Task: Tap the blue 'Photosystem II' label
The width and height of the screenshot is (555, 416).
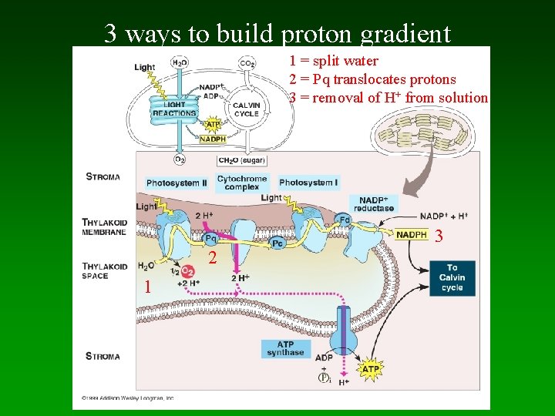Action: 177,183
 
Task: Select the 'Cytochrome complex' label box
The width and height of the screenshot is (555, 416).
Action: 242,183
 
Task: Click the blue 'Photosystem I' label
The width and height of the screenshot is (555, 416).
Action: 308,183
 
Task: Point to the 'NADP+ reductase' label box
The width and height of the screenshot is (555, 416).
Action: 376,203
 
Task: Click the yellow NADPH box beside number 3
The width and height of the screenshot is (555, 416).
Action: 412,235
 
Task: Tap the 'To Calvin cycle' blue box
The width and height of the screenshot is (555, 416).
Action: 452,277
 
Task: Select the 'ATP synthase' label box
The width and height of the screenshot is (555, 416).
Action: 285,348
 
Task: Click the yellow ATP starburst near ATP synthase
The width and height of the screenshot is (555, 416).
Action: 371,369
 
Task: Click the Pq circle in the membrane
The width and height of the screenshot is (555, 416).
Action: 210,239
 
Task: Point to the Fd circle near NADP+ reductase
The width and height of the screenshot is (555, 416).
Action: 345,220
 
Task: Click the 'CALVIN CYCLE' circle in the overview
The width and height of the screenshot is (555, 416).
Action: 246,109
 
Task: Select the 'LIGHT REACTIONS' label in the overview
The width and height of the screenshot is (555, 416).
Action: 174,109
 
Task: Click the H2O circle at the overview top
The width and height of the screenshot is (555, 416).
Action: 180,62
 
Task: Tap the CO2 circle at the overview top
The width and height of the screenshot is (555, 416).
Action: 247,62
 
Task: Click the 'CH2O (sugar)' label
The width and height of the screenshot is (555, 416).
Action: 243,160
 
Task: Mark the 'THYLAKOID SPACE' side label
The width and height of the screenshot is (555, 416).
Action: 105,271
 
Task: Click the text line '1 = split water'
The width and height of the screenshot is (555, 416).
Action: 333,61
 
